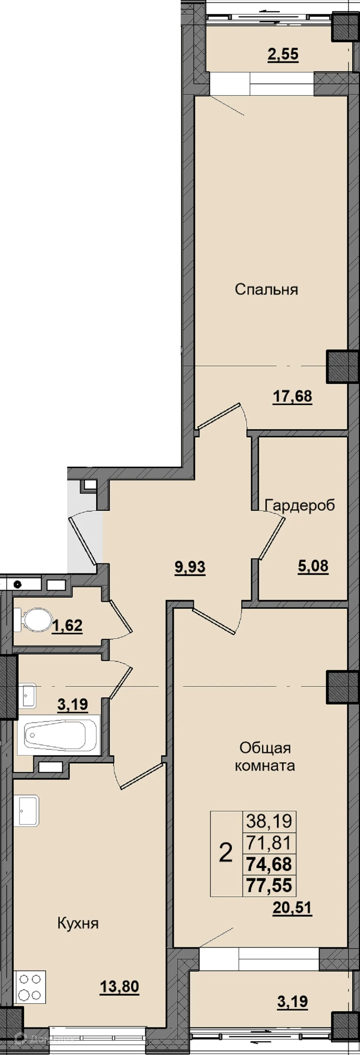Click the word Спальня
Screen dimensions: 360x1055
pos(266,290)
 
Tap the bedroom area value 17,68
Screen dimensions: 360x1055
pos(292,397)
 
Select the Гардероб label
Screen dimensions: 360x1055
pos(300,505)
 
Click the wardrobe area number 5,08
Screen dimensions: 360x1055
pos(313,566)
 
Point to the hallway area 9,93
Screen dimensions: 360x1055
pos(190,567)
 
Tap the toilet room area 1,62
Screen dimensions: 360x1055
pos(67,626)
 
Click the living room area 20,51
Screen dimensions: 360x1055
pos(292,908)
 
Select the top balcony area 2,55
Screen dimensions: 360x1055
pos(283,54)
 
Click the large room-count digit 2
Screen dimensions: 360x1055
pos(226,853)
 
